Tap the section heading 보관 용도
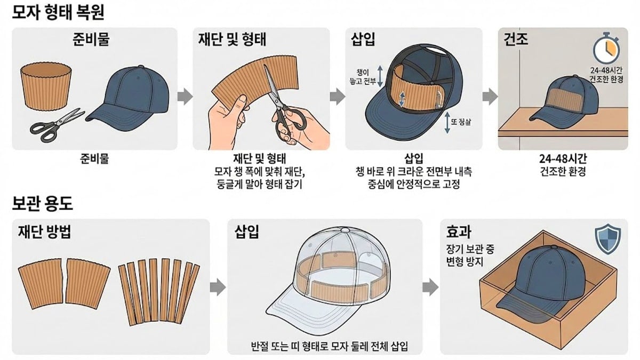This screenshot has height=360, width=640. tap(42, 203)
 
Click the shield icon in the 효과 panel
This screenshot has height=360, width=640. tap(607, 239)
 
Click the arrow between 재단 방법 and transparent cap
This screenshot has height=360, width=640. tap(215, 286)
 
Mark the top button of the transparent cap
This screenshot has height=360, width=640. tap(345, 230)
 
